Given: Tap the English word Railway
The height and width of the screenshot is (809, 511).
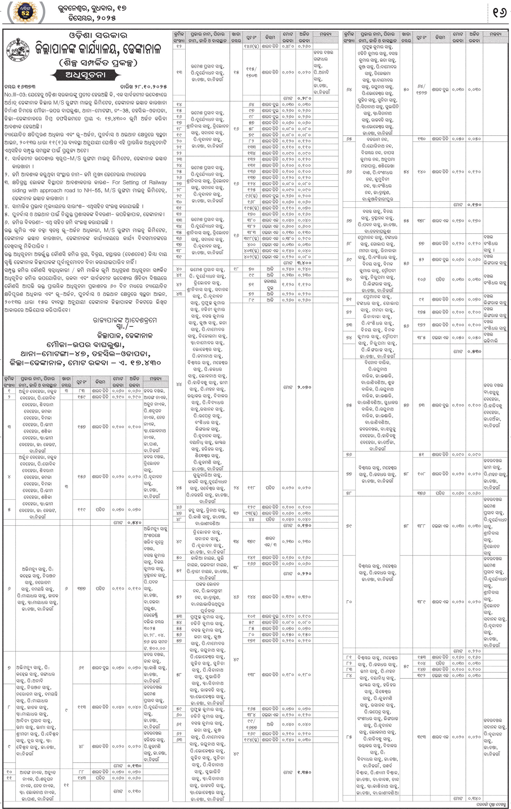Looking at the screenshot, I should click(157, 182).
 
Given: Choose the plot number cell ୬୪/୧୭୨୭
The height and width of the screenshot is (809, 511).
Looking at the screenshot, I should click(421, 89).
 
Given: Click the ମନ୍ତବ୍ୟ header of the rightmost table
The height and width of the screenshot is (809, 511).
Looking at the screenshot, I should click(495, 34).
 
